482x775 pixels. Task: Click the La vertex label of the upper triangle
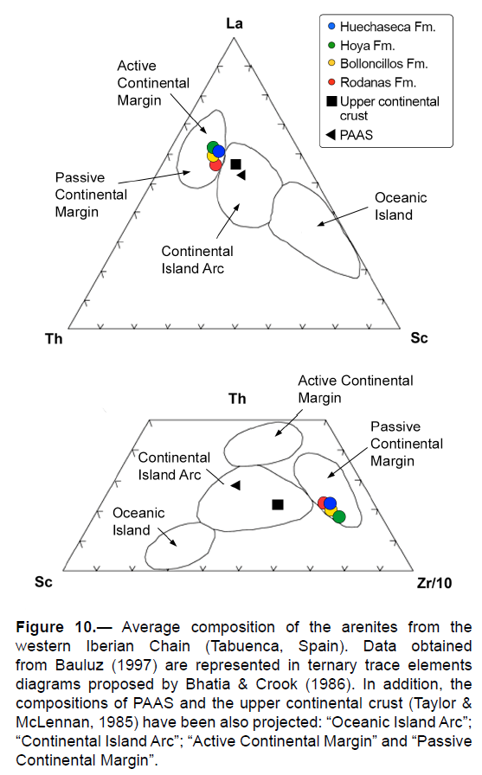click(235, 23)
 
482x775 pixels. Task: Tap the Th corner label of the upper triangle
click(54, 338)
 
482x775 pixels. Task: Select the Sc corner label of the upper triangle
click(419, 338)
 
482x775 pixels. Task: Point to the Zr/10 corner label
click(434, 583)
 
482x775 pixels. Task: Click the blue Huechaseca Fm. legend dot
click(331, 26)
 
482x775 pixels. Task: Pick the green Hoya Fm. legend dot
click(331, 45)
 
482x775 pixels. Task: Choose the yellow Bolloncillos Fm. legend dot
click(331, 63)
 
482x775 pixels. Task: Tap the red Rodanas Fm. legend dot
click(331, 82)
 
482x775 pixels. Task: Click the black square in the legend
click(331, 101)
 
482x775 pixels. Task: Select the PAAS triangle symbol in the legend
click(331, 134)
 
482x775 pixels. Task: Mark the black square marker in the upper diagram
click(236, 164)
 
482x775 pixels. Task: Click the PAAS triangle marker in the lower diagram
click(235, 485)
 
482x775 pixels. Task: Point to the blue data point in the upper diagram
click(219, 151)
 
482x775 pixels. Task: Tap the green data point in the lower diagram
click(339, 517)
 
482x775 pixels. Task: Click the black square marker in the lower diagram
click(278, 504)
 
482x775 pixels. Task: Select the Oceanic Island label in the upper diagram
click(401, 206)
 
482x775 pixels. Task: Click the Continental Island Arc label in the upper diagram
click(197, 259)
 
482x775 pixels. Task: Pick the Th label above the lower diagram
click(237, 399)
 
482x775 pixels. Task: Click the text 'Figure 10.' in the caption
click(56, 627)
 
